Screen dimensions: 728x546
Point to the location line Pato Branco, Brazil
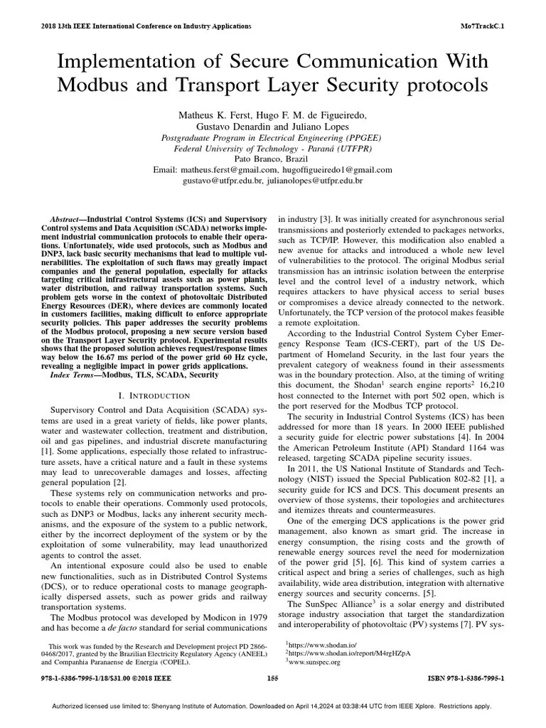pos(272,160)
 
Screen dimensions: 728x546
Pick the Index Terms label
pos(74,375)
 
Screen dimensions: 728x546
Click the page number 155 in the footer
pos(272,678)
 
